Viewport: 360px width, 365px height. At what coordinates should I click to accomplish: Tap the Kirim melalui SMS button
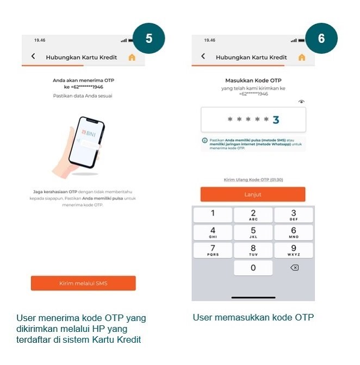coord(83,284)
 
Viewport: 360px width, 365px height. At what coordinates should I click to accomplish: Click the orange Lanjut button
coord(253,194)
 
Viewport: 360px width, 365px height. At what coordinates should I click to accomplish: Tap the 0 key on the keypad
coord(253,268)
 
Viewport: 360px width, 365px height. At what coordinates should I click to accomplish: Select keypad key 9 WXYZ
coord(293,250)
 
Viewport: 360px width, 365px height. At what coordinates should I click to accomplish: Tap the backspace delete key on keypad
coord(294,268)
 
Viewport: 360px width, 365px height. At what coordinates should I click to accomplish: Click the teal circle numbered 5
coord(148,39)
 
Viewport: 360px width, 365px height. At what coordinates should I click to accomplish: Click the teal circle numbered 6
coord(321,39)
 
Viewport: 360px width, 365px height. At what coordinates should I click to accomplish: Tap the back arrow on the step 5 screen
coord(33,56)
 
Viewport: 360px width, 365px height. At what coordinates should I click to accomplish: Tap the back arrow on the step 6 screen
coord(203,56)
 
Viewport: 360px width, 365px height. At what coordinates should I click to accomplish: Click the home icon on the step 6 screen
coord(302,57)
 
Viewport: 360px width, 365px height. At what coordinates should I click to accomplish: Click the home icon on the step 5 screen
coord(132,57)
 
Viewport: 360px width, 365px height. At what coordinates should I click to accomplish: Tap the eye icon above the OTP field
coord(302,102)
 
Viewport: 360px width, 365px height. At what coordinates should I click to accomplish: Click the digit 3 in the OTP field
coord(276,120)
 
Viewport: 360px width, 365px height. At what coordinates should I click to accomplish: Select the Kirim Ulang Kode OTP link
coord(253,180)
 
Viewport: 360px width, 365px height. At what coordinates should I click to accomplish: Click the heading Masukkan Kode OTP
coord(253,80)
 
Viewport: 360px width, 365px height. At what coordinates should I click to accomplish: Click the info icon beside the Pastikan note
coord(205,141)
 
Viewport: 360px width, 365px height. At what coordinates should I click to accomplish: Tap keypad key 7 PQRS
coord(213,250)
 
